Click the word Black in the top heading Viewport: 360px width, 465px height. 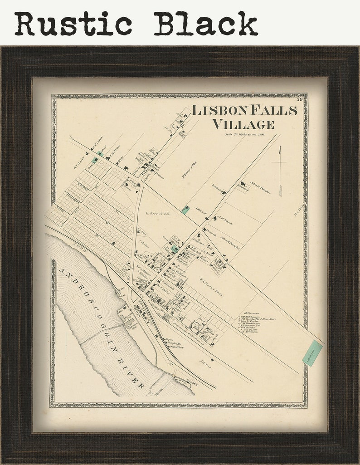pyautogui.click(x=205, y=24)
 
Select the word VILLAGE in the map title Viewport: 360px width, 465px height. pyautogui.click(x=243, y=124)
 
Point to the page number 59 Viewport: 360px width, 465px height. pyautogui.click(x=300, y=99)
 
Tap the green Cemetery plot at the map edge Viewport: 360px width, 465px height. pyautogui.click(x=312, y=353)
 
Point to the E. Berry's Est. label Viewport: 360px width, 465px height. pyautogui.click(x=157, y=213)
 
